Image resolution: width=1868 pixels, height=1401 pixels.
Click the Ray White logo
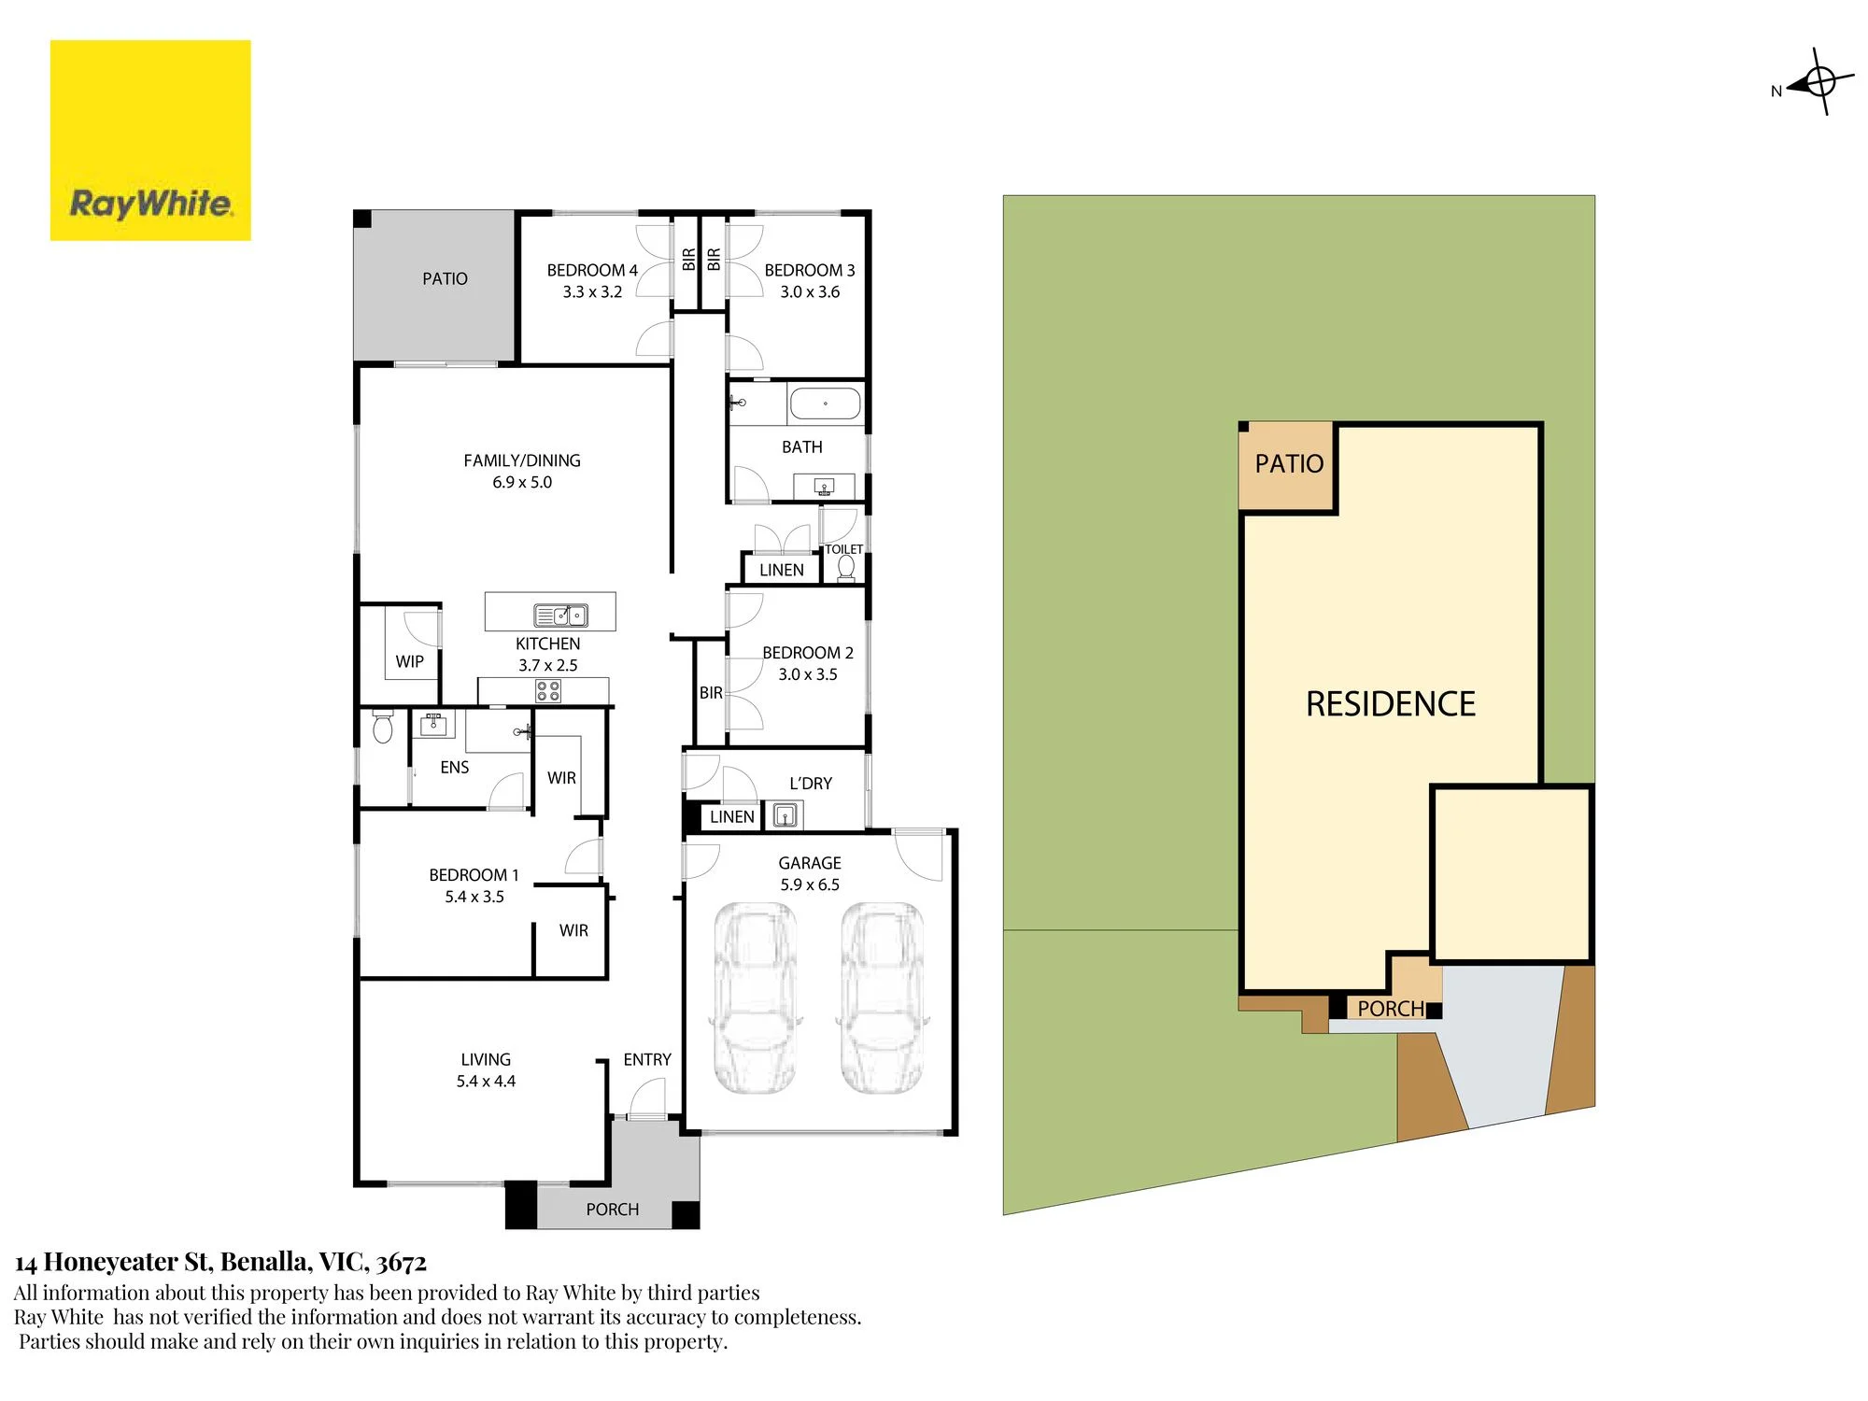coord(150,140)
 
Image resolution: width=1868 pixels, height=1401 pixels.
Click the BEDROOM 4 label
coord(592,270)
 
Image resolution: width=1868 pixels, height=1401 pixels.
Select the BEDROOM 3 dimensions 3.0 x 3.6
coord(810,291)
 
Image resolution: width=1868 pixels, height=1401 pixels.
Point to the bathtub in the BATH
coord(825,403)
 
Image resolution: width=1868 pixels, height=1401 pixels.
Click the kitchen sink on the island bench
coord(560,615)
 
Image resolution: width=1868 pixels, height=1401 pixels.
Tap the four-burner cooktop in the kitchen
coord(548,691)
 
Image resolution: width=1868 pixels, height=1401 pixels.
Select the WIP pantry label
coord(409,661)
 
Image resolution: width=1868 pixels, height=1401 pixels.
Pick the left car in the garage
coord(756,998)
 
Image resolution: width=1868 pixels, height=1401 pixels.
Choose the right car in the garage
coord(883,998)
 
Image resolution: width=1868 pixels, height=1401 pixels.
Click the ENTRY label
coord(647,1059)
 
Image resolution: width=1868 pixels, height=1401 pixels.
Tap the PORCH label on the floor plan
coord(613,1210)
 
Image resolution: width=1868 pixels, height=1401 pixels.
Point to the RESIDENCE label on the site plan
coord(1391,703)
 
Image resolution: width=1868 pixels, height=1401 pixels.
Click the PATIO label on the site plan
coord(1289,463)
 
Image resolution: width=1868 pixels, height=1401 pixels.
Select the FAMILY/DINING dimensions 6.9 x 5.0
coord(522,482)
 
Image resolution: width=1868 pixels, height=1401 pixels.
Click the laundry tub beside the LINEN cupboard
coord(785,815)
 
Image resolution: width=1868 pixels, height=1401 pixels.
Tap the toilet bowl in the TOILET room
coord(846,567)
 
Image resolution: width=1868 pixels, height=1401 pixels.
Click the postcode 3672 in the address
coord(402,1263)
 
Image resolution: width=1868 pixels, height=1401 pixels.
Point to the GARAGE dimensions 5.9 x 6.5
coord(810,884)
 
